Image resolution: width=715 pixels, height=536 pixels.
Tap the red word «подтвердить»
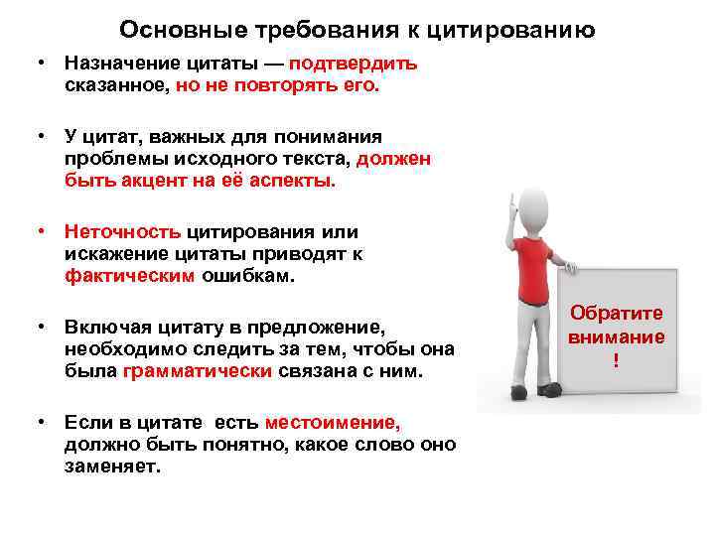click(354, 65)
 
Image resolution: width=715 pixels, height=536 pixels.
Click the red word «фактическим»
click(130, 278)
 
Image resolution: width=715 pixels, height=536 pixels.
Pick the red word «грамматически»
click(198, 372)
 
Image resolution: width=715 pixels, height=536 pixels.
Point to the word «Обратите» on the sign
click(616, 314)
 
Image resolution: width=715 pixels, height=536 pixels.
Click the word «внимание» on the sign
click(616, 337)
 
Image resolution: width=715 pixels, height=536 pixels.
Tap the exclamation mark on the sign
click(616, 361)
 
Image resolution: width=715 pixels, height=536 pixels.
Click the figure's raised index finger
click(512, 201)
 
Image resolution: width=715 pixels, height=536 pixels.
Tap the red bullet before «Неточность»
click(44, 231)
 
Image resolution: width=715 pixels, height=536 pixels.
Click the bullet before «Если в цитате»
click(44, 421)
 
